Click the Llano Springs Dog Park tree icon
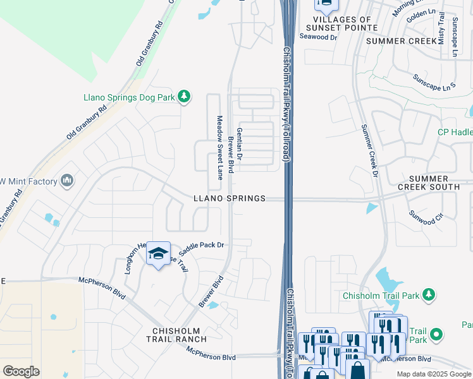tap(184, 97)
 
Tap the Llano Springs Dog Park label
tap(129, 97)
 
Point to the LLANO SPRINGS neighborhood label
tap(229, 198)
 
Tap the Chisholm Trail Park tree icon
tap(429, 295)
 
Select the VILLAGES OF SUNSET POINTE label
tap(341, 24)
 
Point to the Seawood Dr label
tap(318, 37)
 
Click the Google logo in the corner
tap(21, 371)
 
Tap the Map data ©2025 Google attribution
tap(434, 374)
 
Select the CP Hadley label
tap(455, 132)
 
